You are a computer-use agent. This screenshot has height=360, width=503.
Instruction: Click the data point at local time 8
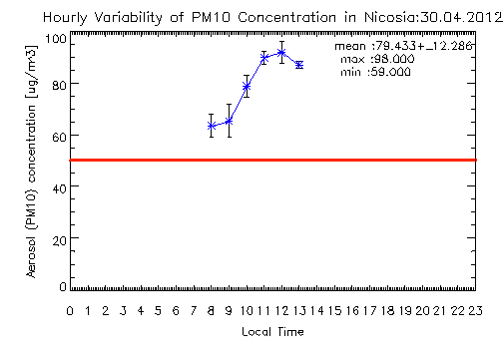pos(211,126)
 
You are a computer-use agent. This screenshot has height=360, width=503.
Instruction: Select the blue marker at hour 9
pos(229,122)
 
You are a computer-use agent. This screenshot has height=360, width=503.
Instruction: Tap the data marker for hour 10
pos(247,87)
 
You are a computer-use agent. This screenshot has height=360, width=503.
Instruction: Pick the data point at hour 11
pos(264,58)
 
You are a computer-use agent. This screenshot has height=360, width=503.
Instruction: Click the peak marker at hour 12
pos(281,53)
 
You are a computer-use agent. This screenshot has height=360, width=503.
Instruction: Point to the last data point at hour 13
pos(299,65)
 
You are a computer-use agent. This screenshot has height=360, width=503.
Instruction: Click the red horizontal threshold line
pos(272,161)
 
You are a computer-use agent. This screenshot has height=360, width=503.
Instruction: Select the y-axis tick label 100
pos(56,39)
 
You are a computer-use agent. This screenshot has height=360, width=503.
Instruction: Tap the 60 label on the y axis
pos(60,137)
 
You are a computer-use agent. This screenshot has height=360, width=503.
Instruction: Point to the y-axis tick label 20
pos(60,240)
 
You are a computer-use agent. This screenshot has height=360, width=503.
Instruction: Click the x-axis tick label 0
pos(70,311)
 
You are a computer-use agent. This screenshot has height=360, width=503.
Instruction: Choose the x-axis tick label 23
pos(475,311)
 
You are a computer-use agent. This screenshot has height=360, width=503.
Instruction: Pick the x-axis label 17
pos(369,311)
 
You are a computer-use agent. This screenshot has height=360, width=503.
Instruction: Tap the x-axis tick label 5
pos(158,311)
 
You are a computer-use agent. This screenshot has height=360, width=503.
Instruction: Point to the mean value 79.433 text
pos(396,46)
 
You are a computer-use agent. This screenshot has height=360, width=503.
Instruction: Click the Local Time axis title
pos(272,332)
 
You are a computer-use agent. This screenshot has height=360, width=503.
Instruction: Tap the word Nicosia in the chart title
pos(390,17)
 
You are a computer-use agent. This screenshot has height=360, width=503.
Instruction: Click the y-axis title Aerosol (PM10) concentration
pos(32,162)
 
